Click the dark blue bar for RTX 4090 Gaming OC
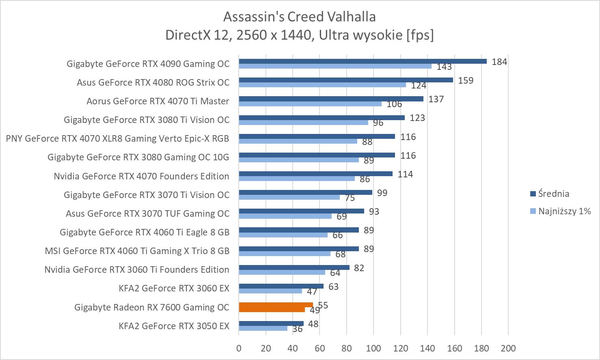[363, 61]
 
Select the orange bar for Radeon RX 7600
[276, 305]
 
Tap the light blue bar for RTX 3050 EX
[263, 328]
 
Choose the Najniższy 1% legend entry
[560, 211]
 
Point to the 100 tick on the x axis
[373, 348]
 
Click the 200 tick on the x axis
[508, 348]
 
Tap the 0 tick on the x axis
[239, 348]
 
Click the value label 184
[499, 62]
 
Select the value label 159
[466, 80]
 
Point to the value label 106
[394, 104]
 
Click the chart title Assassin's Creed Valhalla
[300, 17]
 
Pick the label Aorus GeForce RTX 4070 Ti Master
[158, 101]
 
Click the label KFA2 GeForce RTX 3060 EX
[174, 288]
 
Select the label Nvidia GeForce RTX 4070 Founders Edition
[141, 176]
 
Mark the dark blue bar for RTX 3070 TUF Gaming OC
[301, 211]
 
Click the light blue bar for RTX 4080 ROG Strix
[322, 85]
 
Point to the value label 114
[405, 174]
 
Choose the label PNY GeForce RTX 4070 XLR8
[117, 138]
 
